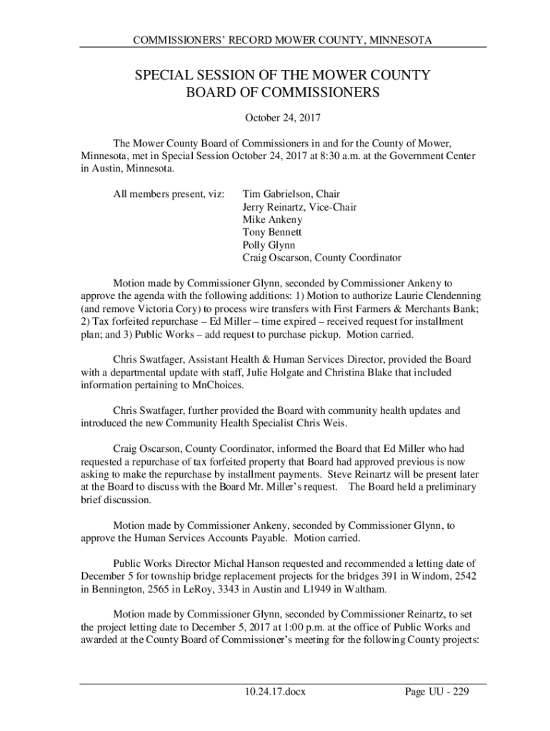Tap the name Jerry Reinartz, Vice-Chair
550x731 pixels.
click(x=299, y=206)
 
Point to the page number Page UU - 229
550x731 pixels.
click(x=436, y=692)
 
